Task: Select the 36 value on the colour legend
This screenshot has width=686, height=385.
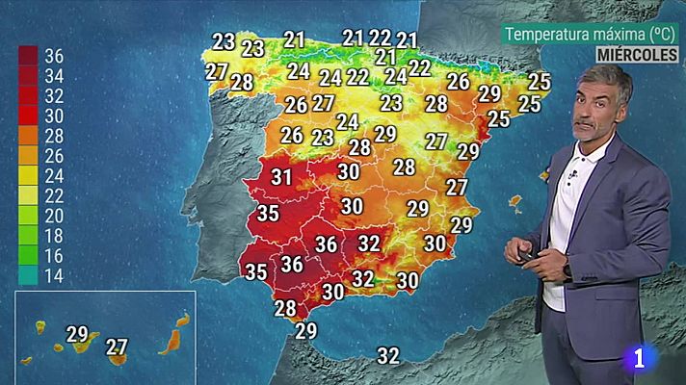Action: (53, 56)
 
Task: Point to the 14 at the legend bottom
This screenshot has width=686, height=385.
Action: (53, 275)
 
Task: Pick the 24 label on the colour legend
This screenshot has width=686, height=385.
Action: (53, 175)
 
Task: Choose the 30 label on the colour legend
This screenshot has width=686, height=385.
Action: (53, 115)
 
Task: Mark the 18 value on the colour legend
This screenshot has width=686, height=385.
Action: (53, 235)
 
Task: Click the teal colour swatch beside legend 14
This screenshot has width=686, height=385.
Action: (29, 275)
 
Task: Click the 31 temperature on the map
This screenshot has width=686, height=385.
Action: (281, 177)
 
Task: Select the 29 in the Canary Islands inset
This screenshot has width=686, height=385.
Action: (77, 335)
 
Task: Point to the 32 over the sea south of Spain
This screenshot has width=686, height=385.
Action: (388, 355)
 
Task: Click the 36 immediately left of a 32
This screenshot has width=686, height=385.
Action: (327, 244)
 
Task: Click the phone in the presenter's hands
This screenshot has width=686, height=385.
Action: (527, 254)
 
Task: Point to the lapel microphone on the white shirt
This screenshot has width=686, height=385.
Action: (572, 176)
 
